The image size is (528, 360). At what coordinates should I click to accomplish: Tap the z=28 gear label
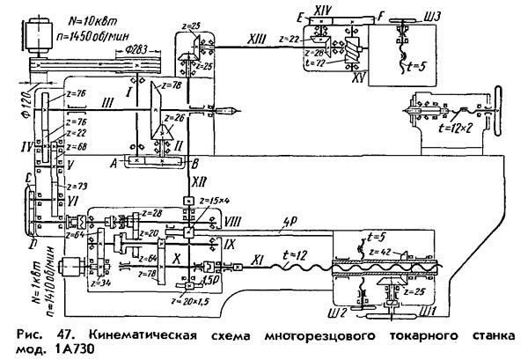[151, 213]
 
